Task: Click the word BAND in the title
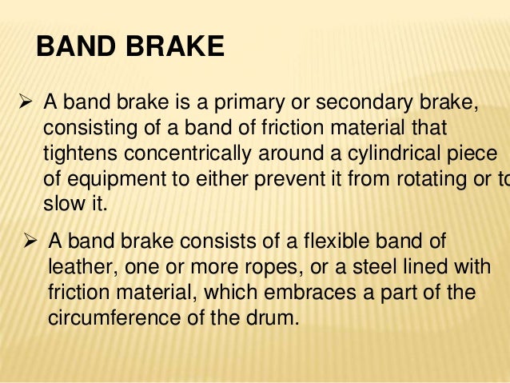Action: [74, 47]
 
